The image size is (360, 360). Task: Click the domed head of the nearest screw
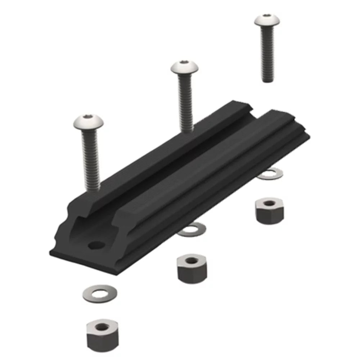click(88, 122)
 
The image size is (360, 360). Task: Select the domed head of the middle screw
click(185, 68)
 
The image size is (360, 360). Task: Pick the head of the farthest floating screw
click(267, 20)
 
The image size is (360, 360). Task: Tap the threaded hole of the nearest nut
click(102, 327)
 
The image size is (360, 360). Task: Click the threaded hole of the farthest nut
click(269, 203)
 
